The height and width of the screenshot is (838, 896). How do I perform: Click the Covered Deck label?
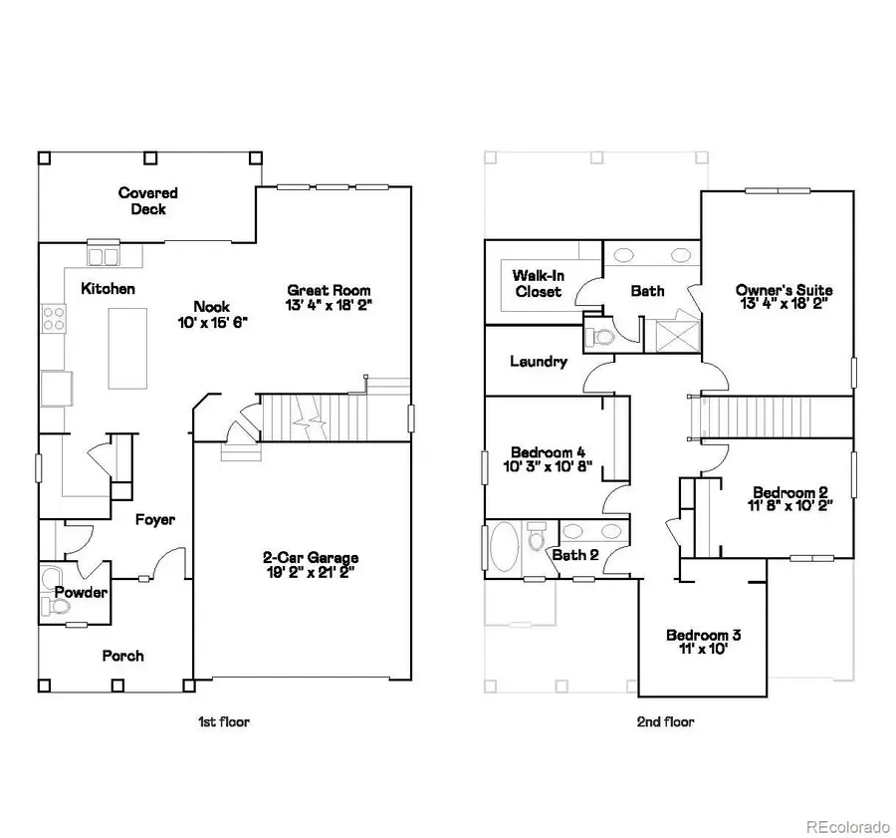[x=147, y=201]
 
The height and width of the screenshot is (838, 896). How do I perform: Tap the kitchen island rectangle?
[x=127, y=348]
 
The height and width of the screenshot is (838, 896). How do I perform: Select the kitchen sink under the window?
[x=103, y=256]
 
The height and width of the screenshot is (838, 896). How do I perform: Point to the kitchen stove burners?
[x=53, y=319]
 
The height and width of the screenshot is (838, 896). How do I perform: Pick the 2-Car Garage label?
[x=311, y=558]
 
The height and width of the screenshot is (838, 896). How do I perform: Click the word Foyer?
[x=154, y=519]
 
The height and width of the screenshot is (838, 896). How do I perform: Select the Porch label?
[x=122, y=656]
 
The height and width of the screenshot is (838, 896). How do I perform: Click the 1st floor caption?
[x=223, y=721]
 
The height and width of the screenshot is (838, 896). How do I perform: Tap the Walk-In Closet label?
[x=537, y=283]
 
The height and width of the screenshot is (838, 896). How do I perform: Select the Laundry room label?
[x=538, y=362]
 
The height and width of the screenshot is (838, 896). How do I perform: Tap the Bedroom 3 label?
[x=703, y=635]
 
